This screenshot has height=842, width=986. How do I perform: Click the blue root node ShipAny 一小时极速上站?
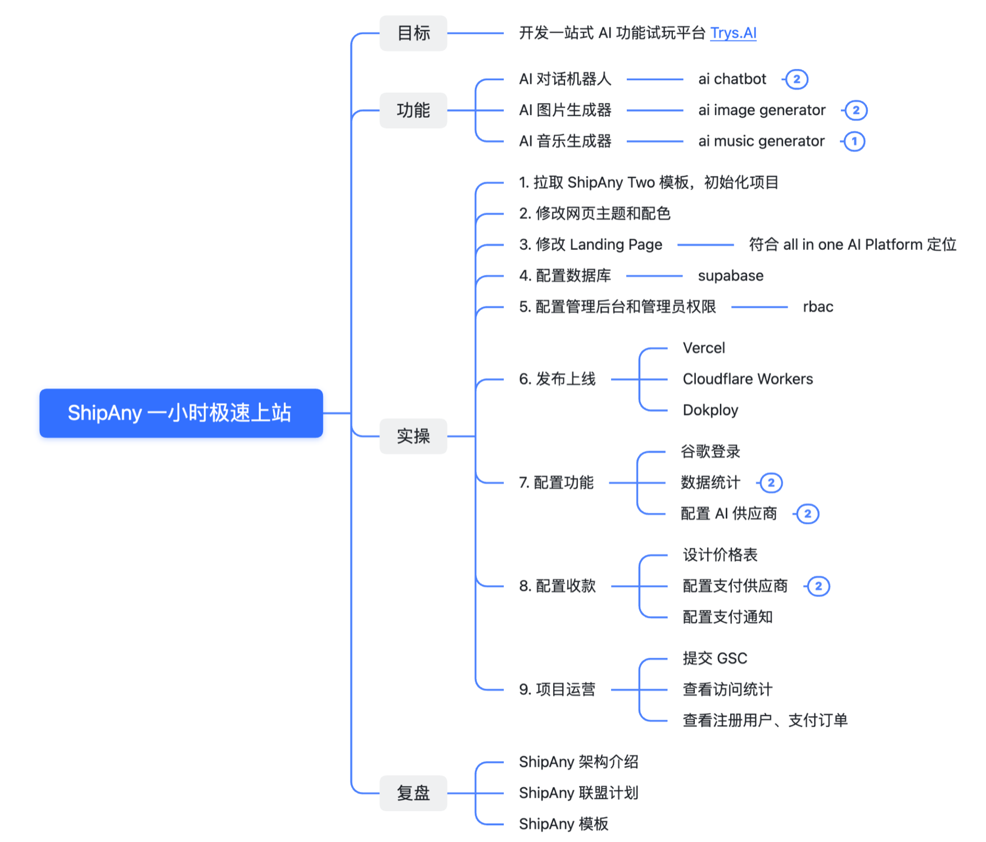tap(180, 413)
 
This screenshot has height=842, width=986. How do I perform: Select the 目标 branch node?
tap(413, 33)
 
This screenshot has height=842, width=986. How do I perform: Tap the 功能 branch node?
tap(413, 110)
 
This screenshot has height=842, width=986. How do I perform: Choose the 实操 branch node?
tap(413, 436)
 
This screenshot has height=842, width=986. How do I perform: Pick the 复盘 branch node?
tap(413, 793)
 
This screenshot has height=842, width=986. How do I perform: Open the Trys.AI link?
tap(733, 33)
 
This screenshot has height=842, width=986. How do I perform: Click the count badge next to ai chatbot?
tap(797, 79)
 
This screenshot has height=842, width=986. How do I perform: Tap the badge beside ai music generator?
tap(854, 141)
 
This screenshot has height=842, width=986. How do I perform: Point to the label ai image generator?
tap(762, 110)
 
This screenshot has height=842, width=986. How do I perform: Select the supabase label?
tap(730, 276)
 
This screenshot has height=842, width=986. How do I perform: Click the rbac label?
tap(818, 307)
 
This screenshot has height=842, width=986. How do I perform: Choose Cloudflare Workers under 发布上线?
tap(748, 379)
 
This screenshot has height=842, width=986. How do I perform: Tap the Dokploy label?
tap(710, 410)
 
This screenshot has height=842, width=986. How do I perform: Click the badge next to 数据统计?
tap(771, 483)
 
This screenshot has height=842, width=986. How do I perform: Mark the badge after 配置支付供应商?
tap(818, 586)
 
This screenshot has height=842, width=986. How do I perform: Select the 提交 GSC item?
tap(714, 658)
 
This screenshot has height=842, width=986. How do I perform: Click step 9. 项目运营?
tap(557, 689)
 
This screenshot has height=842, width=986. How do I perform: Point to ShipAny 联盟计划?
tap(578, 793)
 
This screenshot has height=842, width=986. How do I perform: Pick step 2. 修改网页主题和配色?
tap(594, 213)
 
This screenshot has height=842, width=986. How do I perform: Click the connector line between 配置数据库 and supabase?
tap(654, 276)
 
